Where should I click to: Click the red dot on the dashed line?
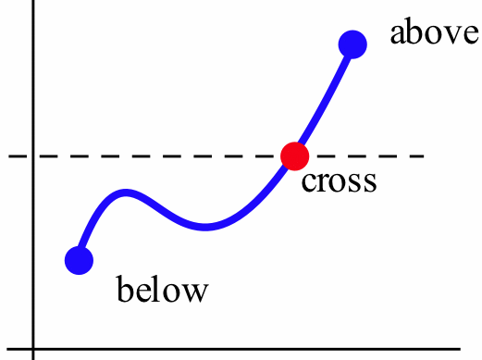pyautogui.click(x=294, y=156)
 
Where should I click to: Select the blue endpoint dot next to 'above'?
pyautogui.click(x=352, y=43)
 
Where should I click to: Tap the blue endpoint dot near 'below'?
pyautogui.click(x=79, y=260)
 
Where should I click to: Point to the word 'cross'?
pyautogui.click(x=340, y=180)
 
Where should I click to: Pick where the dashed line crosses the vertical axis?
pyautogui.click(x=33, y=156)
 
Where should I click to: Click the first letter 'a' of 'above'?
pyautogui.click(x=398, y=35)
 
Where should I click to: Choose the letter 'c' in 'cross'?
pyautogui.click(x=309, y=181)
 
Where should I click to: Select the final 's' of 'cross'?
pyautogui.click(x=370, y=181)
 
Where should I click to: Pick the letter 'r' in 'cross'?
pyautogui.click(x=321, y=181)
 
